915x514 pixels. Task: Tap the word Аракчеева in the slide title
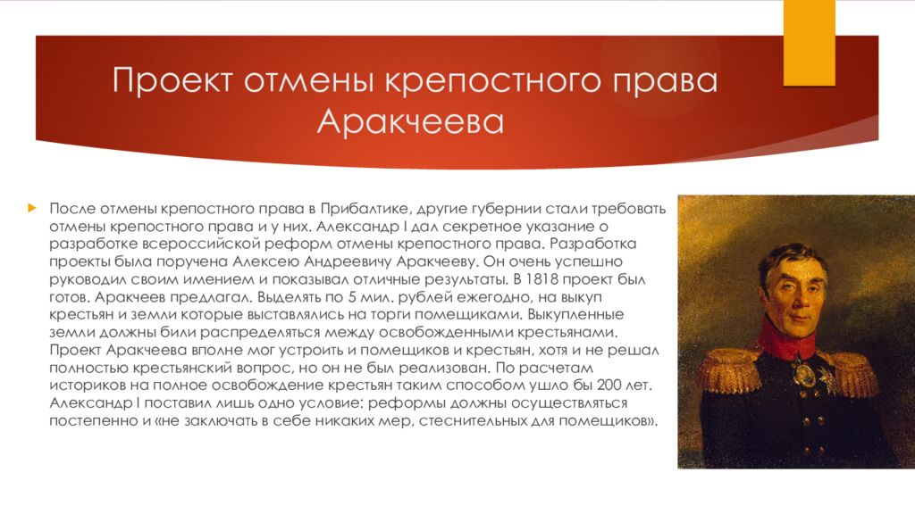[410, 121]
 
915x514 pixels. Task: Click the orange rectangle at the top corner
[809, 43]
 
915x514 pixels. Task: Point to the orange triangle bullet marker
[31, 208]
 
